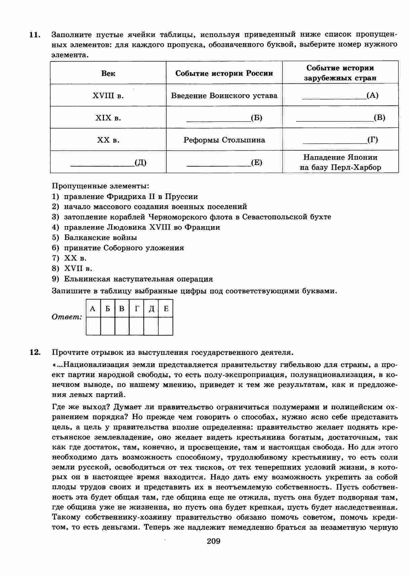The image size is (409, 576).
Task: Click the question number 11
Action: click(35, 34)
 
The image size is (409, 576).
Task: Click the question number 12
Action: click(35, 352)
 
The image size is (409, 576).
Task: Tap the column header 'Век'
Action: click(108, 73)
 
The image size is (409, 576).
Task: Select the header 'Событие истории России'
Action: click(224, 73)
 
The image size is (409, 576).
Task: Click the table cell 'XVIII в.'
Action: click(108, 96)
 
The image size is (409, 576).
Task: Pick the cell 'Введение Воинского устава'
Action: click(224, 96)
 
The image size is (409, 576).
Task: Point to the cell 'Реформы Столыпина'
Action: click(224, 140)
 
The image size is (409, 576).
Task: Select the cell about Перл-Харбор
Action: click(340, 162)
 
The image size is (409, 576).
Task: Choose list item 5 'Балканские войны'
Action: click(100, 238)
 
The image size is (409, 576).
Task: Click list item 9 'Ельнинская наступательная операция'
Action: click(138, 279)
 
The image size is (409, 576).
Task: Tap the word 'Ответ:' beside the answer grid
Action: click(67, 317)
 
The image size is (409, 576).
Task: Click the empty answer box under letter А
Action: click(93, 326)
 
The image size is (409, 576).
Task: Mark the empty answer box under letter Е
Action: click(165, 326)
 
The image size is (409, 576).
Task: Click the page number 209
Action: click(214, 550)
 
